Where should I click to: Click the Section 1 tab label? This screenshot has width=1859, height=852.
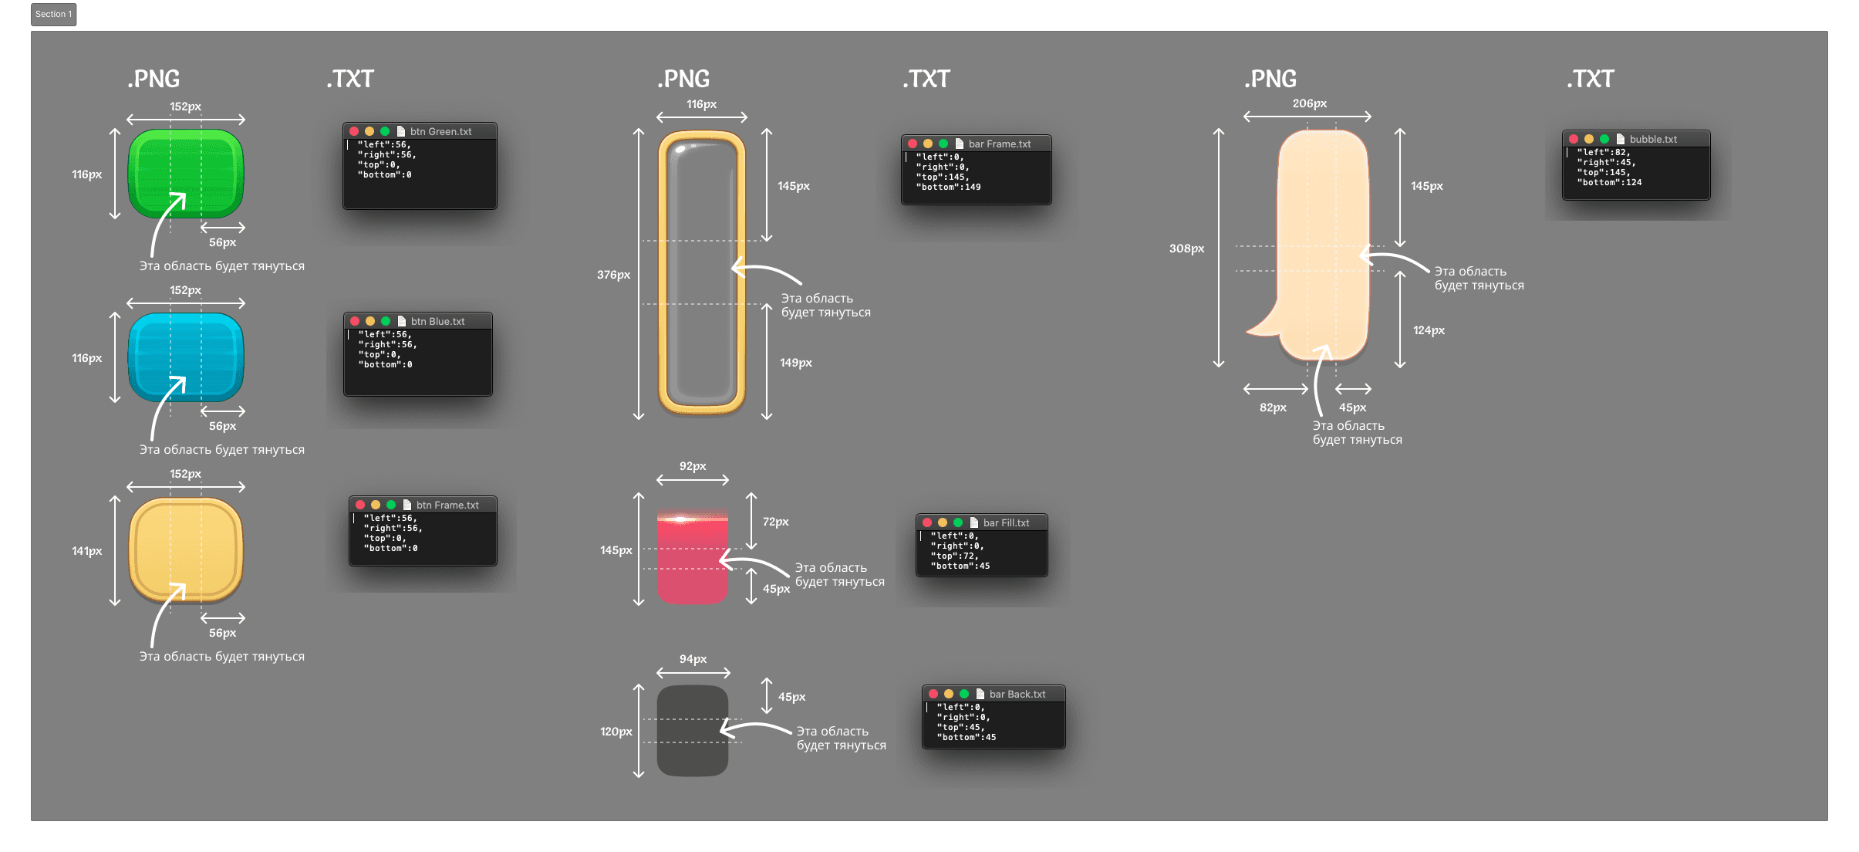coord(53,14)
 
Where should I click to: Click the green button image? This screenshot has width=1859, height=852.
coord(185,174)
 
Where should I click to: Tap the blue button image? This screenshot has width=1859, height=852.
coord(185,357)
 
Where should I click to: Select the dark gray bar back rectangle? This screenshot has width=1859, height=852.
coord(692,730)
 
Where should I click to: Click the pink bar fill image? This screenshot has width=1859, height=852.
coord(692,557)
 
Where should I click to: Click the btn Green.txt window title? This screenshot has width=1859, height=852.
coord(440,132)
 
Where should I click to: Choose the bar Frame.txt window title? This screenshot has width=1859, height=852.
coord(999,144)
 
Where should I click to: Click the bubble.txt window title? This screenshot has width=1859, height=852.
coord(1653,140)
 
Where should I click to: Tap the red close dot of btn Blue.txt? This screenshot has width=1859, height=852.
coord(355,321)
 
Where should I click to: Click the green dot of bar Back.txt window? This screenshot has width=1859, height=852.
coord(964,694)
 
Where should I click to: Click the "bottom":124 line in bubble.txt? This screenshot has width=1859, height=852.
coord(1609,183)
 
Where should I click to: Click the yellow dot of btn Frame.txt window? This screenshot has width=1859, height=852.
coord(376,505)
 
